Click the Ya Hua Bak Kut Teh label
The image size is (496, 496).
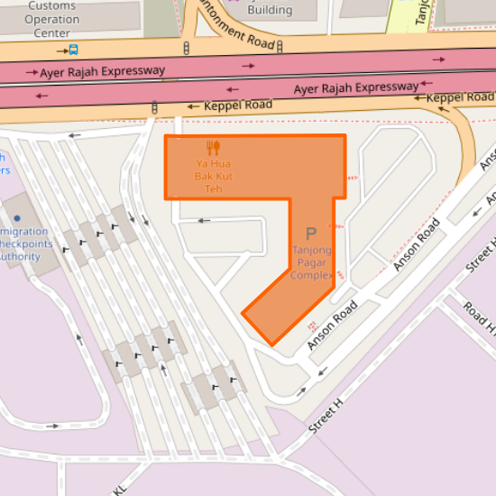(x=213, y=176)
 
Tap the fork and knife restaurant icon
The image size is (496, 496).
(x=213, y=147)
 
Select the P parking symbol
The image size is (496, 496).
(x=311, y=233)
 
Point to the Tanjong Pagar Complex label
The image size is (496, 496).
(x=312, y=262)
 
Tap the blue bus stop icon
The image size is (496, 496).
(x=72, y=50)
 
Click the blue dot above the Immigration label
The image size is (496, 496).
(x=16, y=218)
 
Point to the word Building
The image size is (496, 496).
(x=270, y=10)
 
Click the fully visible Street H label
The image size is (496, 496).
(x=326, y=416)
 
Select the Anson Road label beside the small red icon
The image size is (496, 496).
(x=333, y=325)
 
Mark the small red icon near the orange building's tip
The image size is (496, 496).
(x=312, y=325)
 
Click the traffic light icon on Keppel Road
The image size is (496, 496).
(x=154, y=108)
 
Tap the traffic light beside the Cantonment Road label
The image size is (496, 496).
(x=186, y=49)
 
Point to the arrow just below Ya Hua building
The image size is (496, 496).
(x=205, y=220)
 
